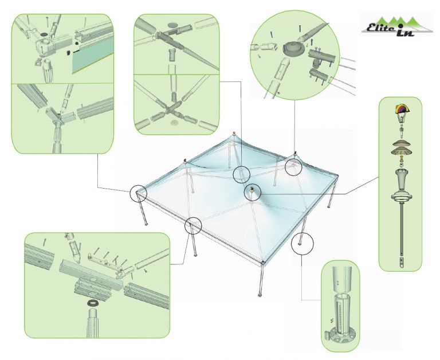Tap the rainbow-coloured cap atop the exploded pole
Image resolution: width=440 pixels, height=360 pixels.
pos(402,108)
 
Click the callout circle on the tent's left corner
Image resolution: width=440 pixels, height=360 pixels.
pos(138,193)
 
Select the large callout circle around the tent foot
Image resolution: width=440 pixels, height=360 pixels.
pos(302,244)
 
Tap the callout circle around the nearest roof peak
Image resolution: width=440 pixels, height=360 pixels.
pos(253,193)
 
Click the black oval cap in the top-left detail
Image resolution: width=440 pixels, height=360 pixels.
pos(44,34)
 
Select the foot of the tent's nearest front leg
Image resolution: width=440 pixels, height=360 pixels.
pos(260,295)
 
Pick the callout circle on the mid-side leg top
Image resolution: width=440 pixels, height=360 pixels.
pos(193,225)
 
